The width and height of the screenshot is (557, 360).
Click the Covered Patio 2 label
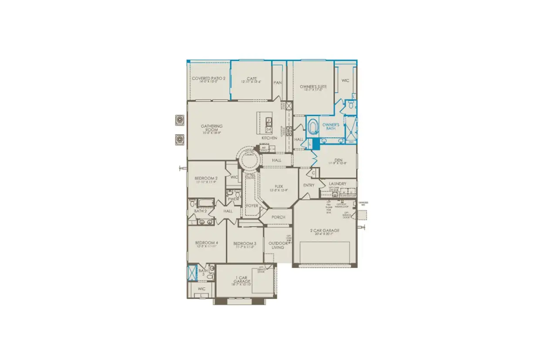[x=208, y=78]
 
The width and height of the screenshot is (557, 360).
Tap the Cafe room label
[x=252, y=79]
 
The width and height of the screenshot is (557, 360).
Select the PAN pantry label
[x=277, y=83]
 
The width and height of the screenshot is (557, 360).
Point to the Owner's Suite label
[x=313, y=87]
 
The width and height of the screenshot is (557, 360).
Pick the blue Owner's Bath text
[x=331, y=127]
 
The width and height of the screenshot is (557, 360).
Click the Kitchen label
[x=269, y=138]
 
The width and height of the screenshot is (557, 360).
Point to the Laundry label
[x=338, y=184]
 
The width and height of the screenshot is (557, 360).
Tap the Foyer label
[x=252, y=205]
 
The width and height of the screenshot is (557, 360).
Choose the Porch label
[x=278, y=217]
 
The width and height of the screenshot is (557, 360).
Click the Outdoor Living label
[x=278, y=245]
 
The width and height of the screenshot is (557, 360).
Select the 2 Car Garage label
[x=325, y=231]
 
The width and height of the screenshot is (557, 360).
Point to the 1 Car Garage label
[x=242, y=280]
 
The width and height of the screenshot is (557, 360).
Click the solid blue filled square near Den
[x=316, y=145]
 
